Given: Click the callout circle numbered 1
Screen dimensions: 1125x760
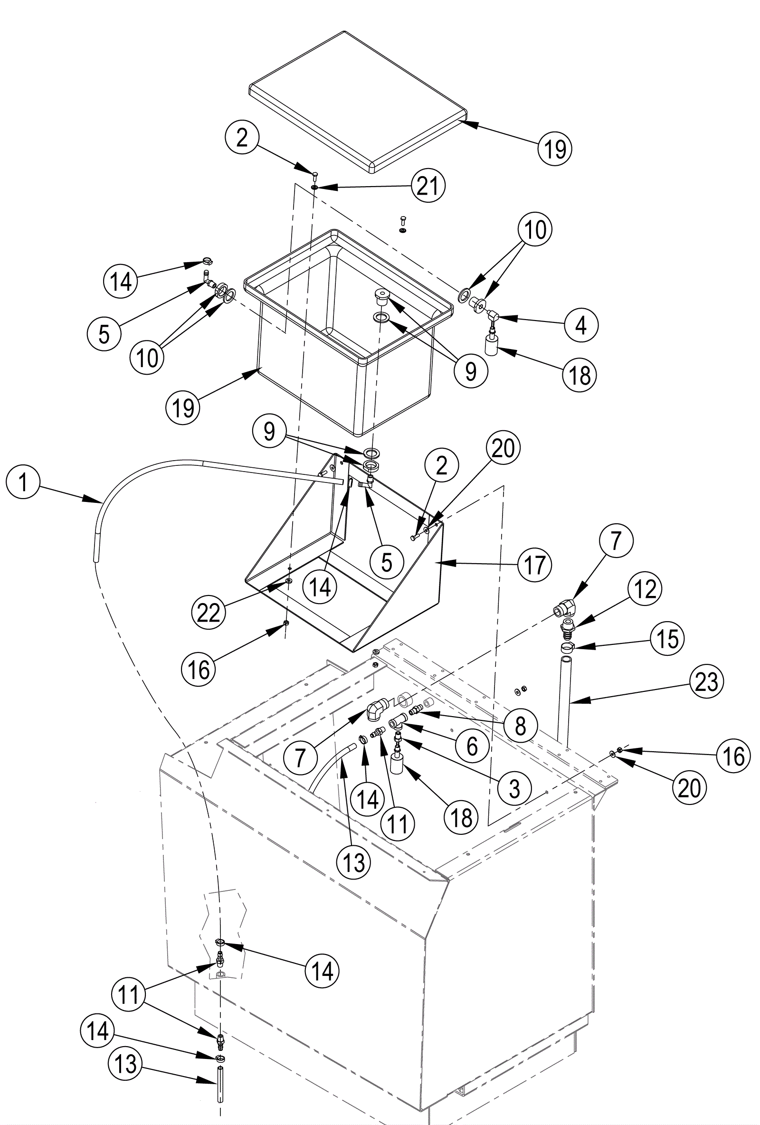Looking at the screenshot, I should pyautogui.click(x=23, y=482).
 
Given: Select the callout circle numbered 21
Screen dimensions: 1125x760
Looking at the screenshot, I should pyautogui.click(x=427, y=186).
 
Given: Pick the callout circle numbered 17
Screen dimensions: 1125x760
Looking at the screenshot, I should pyautogui.click(x=534, y=565).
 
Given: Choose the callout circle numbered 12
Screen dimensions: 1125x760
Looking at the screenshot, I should pyautogui.click(x=645, y=590).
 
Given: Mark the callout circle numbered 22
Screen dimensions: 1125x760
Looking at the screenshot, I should pyautogui.click(x=209, y=613).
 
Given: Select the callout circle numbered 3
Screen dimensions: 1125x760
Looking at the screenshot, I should pyautogui.click(x=514, y=788).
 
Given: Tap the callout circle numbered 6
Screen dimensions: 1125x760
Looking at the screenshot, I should pyautogui.click(x=472, y=746).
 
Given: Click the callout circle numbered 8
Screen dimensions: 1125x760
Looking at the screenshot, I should pyautogui.click(x=521, y=726).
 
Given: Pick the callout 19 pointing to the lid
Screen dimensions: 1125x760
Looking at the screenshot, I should pyautogui.click(x=555, y=148).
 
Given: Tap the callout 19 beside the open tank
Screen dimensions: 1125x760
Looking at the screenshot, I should pyautogui.click(x=183, y=407).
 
